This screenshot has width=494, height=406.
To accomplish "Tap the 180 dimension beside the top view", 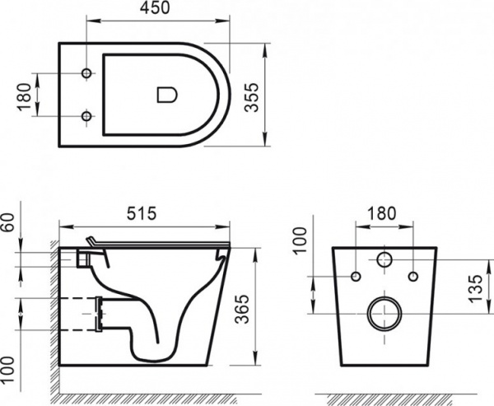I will pos(22,96).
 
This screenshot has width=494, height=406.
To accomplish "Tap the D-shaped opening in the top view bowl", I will pos(166,96).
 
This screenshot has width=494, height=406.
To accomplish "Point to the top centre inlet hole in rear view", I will pos(384,261).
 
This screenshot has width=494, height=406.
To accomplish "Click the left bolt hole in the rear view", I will pos(356,275).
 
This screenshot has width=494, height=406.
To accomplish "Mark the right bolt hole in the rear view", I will pos(413,275).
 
